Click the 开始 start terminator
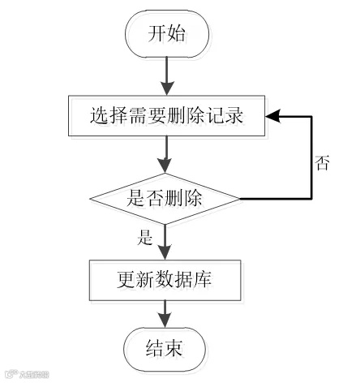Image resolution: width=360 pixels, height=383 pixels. pos(167,34)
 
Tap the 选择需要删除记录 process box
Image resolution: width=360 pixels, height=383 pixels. pos(165,116)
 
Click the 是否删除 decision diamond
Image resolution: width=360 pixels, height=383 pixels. pos(165,197)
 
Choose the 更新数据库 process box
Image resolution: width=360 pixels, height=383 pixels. pos(165,280)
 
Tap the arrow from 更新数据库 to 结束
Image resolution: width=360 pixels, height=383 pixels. pos(166,314)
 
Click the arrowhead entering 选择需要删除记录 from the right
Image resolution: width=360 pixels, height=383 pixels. pos(276,116)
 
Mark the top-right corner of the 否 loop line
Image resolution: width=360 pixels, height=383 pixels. pos(311,116)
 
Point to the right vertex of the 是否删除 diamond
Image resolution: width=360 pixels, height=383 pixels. pos(240,198)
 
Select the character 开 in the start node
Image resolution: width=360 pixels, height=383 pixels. pos(156,34)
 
